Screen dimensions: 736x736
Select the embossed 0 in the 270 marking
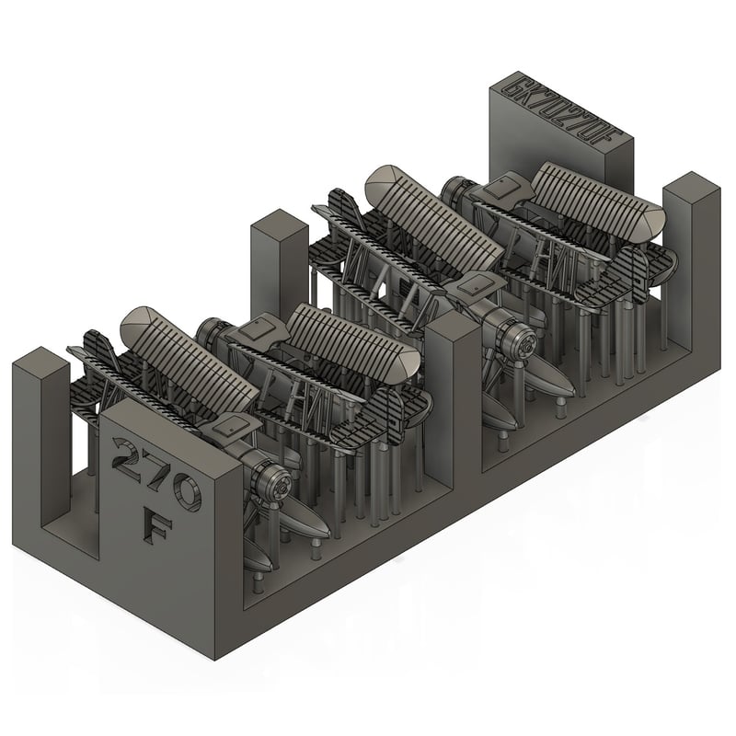tap(183, 489)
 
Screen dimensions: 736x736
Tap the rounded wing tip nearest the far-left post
tap(138, 322)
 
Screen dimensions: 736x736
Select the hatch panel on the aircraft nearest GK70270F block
tap(502, 188)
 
